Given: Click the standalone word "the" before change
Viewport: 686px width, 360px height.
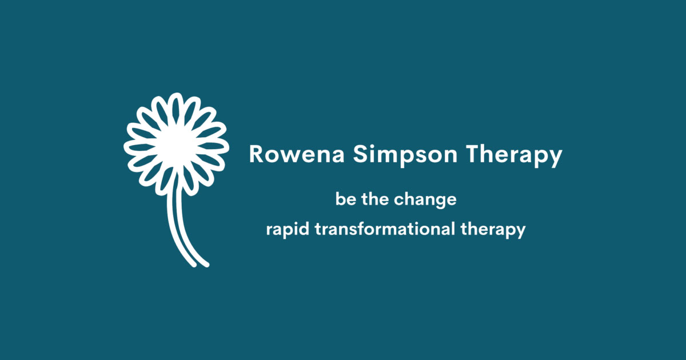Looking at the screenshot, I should (x=377, y=200).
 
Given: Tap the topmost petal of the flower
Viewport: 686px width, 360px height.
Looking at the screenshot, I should (x=177, y=106).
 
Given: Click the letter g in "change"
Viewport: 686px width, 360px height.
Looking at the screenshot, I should (x=439, y=202).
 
